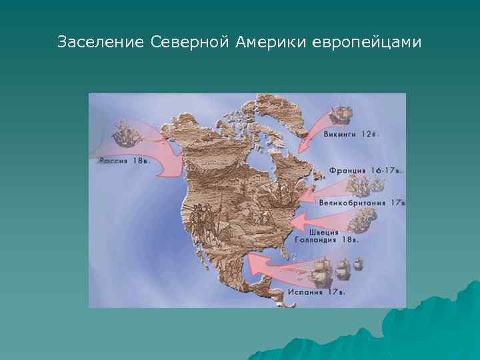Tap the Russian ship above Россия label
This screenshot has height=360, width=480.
point(122,133)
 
